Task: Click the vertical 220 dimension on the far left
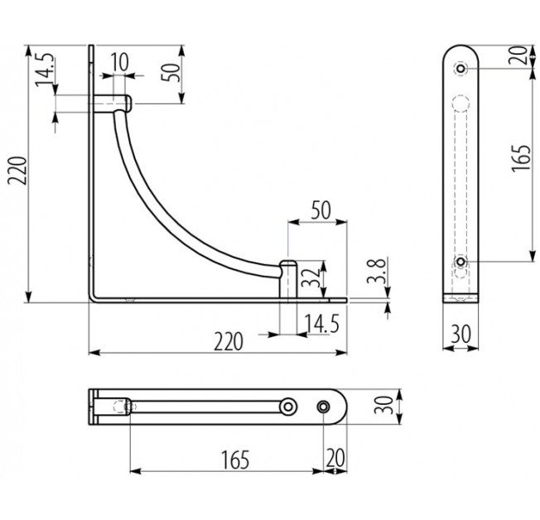17,171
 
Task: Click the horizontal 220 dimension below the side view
229,341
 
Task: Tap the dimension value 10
120,62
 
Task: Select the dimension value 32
310,278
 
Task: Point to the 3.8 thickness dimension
375,271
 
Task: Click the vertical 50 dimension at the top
171,72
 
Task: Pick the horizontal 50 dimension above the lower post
321,210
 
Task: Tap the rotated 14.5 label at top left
44,70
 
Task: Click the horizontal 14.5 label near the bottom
322,324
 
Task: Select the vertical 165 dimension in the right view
520,158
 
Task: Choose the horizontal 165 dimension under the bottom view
235,460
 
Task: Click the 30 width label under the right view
460,334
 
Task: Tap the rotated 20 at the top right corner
518,55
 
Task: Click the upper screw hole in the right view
460,69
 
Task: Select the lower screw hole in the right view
460,262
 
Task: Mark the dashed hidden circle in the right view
460,104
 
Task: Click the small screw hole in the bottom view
323,407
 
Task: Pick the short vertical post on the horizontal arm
288,279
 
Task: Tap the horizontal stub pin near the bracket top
112,104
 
